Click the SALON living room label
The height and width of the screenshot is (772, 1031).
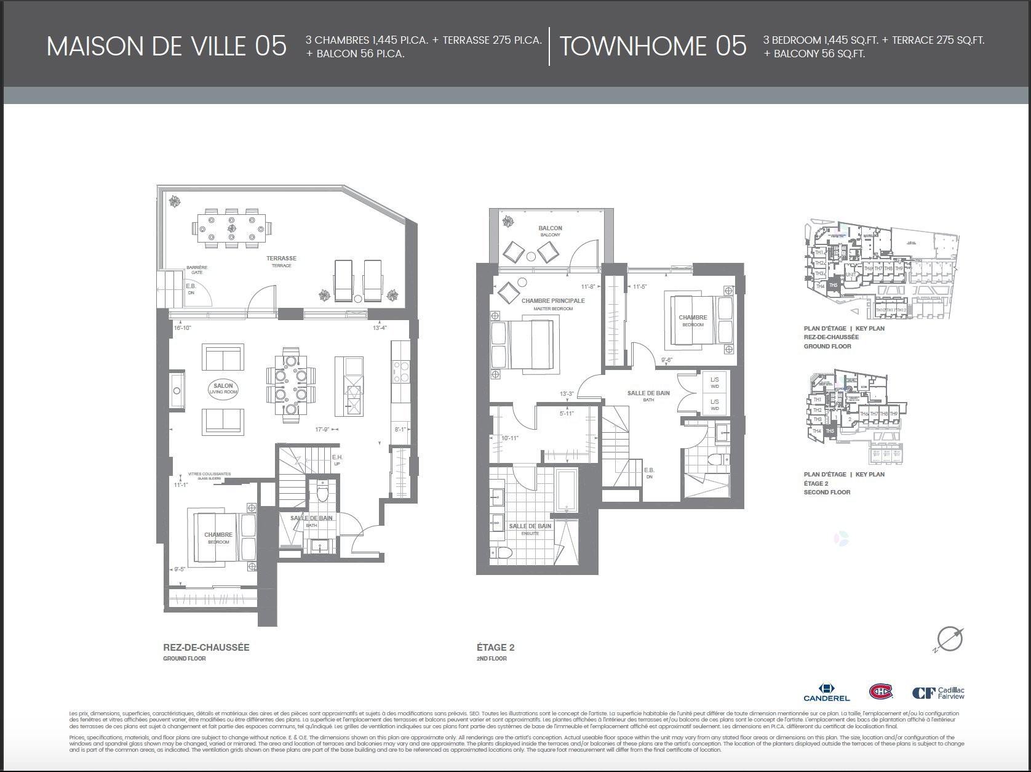click(x=223, y=389)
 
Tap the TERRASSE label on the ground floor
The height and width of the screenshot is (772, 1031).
click(x=281, y=261)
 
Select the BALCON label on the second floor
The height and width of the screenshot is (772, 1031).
click(x=550, y=230)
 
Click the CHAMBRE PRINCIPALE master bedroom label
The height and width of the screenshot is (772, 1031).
click(x=552, y=304)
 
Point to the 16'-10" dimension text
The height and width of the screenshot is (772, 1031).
click(x=183, y=328)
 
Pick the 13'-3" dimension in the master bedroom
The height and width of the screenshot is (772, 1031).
click(x=566, y=394)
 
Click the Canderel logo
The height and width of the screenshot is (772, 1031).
click(x=826, y=692)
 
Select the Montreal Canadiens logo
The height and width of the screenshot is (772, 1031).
click(x=880, y=691)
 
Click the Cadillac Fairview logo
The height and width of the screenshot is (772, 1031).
click(x=937, y=693)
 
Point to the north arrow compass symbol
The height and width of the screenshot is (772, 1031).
click(x=949, y=639)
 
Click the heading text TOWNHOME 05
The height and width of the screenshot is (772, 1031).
click(x=653, y=46)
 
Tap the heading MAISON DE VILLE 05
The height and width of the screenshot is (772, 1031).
click(x=167, y=46)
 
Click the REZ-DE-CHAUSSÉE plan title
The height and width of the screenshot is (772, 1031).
click(x=206, y=648)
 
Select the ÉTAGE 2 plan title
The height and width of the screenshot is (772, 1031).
click(x=495, y=648)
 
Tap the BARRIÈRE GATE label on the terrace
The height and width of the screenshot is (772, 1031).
click(x=197, y=270)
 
